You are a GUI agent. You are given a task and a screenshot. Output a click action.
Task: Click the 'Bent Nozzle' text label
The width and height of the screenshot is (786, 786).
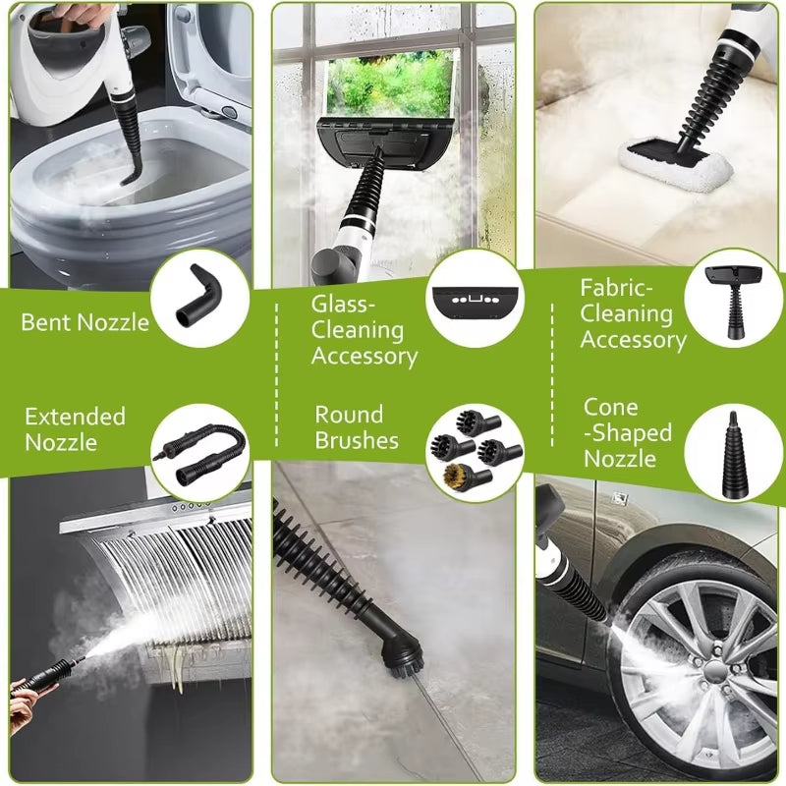coord(85,321)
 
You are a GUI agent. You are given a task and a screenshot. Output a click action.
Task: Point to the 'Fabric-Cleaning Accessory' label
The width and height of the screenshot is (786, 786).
coord(633,314)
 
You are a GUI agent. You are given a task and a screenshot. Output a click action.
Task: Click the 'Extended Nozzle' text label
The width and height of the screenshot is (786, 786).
coord(76,429)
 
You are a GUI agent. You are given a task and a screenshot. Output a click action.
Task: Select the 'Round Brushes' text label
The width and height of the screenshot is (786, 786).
coord(357,427)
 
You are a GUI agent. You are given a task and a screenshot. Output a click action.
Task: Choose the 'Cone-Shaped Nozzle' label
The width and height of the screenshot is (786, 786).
coord(628,433)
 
